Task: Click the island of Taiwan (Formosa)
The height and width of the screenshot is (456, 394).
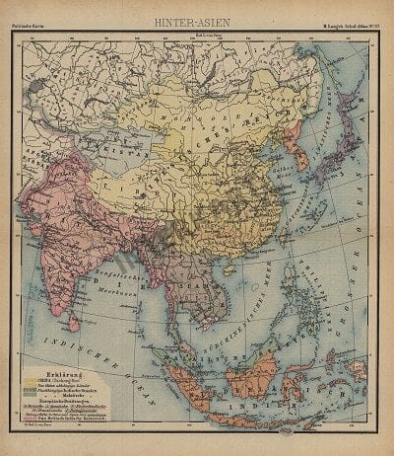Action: (278, 238)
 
